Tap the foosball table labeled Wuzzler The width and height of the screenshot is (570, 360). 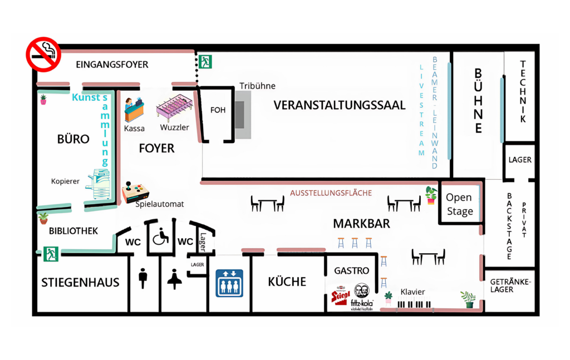(173, 110)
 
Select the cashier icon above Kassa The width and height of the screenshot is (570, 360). (134, 110)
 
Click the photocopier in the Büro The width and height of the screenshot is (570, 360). (100, 184)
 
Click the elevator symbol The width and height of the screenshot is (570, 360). (229, 283)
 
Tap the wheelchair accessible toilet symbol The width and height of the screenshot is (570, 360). (161, 236)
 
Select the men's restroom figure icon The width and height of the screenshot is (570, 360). (143, 278)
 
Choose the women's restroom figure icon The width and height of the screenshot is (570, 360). (175, 278)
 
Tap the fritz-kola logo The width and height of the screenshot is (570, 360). (362, 297)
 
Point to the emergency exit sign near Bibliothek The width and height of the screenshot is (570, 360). (51, 254)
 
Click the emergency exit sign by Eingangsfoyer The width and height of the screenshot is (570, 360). (205, 61)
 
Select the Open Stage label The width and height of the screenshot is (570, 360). (459, 204)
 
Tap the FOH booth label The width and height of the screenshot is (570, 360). (218, 110)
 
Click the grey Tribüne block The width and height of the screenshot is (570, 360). (243, 115)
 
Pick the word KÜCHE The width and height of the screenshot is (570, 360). (287, 282)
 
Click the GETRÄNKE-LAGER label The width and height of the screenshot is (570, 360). (510, 285)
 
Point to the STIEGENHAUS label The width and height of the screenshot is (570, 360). (80, 282)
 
